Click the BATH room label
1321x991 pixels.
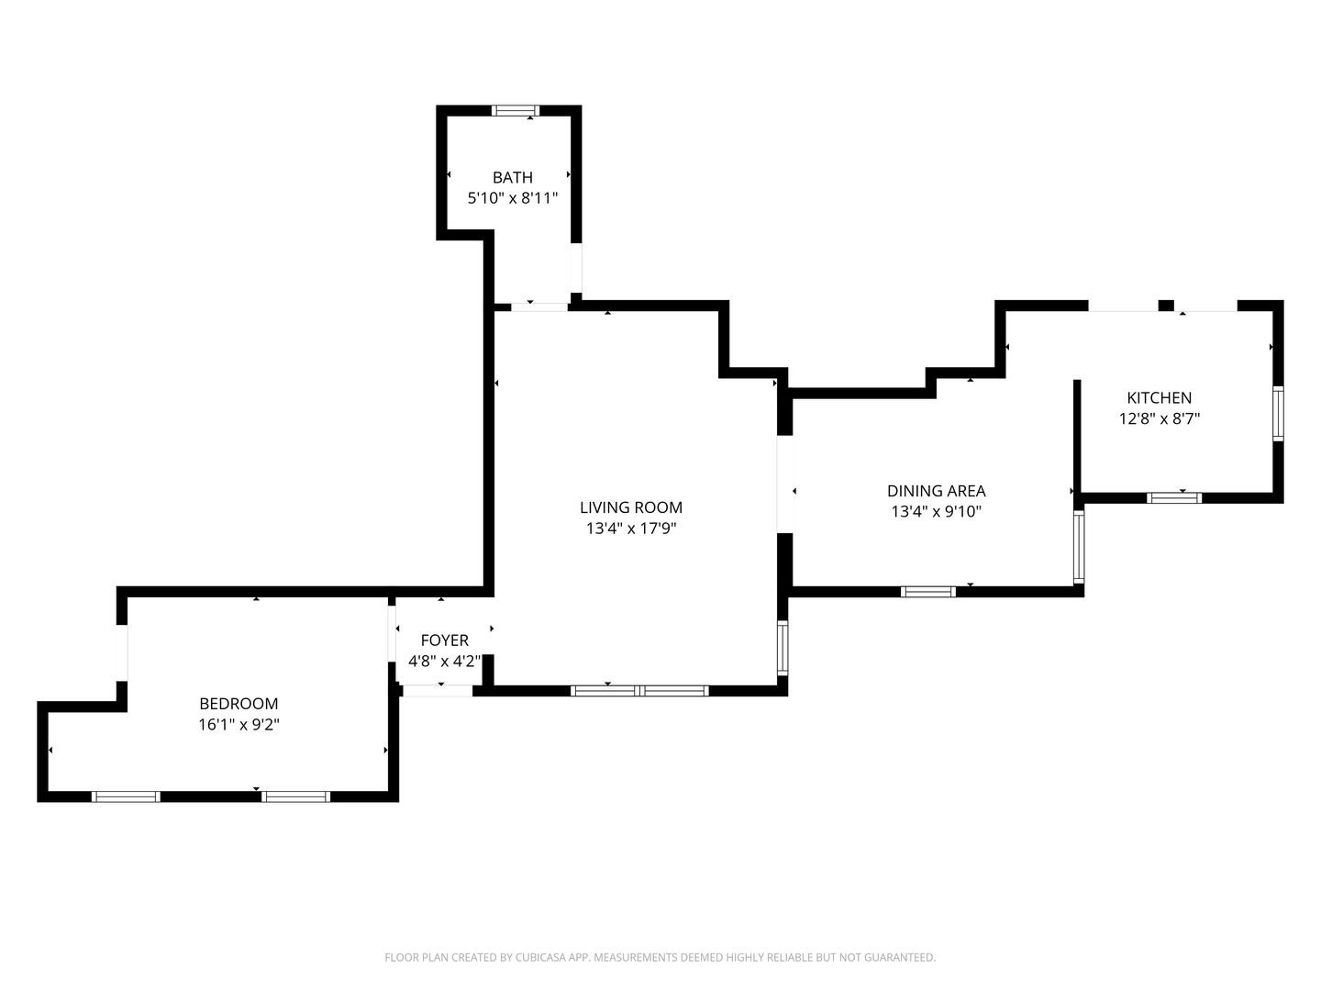[512, 177]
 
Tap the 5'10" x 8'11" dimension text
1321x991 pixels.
[513, 198]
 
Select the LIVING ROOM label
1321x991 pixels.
[631, 507]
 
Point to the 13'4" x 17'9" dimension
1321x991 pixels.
[631, 529]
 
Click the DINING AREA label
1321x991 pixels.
[936, 491]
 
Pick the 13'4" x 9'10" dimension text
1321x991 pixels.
[936, 512]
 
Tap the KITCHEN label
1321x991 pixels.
[1160, 397]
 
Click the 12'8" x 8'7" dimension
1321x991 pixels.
[1160, 418]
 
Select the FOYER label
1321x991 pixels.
[444, 640]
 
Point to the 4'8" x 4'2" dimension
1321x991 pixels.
[444, 662]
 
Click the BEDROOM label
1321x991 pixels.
[239, 704]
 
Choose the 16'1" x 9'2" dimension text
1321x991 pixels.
[239, 725]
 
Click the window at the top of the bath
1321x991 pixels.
[516, 111]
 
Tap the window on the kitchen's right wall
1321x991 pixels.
[1278, 414]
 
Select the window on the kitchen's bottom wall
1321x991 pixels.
[1173, 497]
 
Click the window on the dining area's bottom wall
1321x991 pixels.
[928, 592]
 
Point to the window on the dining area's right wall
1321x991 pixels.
[1079, 547]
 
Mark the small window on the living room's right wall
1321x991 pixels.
[783, 648]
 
